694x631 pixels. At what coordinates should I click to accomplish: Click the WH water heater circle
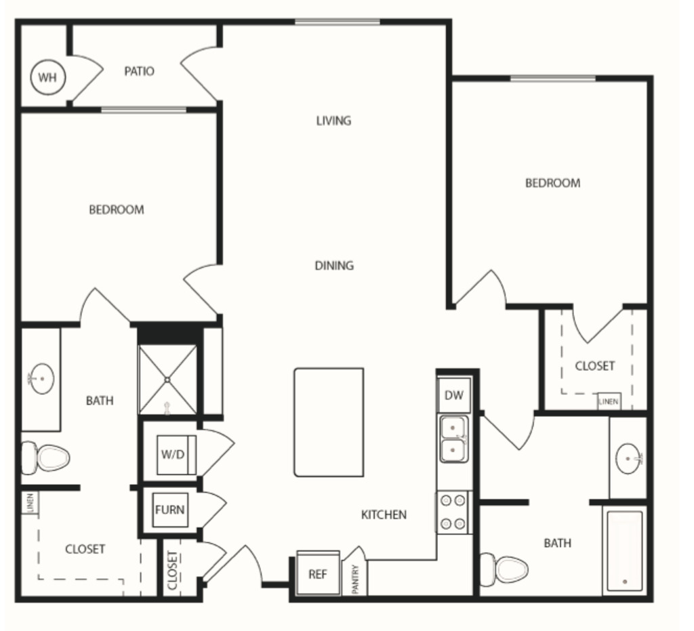tap(47, 77)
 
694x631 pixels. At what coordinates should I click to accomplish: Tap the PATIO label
tap(139, 71)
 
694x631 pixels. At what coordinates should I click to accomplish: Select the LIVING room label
tap(333, 121)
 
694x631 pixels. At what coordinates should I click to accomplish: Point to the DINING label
tap(334, 266)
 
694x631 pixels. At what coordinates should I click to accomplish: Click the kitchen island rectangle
tap(329, 422)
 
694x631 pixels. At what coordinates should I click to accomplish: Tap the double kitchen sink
tap(454, 439)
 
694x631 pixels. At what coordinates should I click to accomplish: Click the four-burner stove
tap(453, 512)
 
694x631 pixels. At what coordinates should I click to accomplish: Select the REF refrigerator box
tap(318, 574)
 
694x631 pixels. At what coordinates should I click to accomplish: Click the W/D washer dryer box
tap(173, 453)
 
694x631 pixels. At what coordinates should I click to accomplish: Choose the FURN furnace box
tap(169, 510)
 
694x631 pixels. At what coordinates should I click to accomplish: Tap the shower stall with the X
tap(167, 380)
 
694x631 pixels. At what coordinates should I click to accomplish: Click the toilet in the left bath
tap(46, 457)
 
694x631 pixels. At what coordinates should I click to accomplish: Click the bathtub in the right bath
tap(624, 551)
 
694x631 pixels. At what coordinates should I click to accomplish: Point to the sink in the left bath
tap(42, 379)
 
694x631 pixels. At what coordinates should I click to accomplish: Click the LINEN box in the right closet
tap(608, 401)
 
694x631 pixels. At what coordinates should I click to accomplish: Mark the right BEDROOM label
tap(552, 183)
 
